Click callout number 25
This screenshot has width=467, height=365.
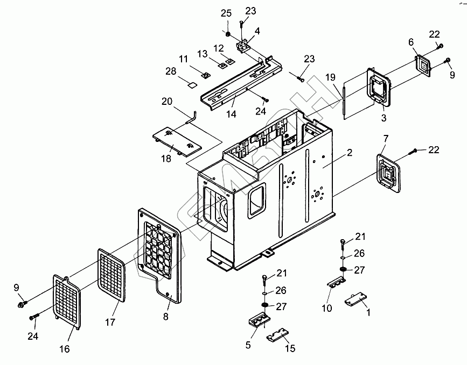click(226, 13)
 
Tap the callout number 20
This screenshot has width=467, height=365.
click(167, 101)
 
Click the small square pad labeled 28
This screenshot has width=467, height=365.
click(191, 84)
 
